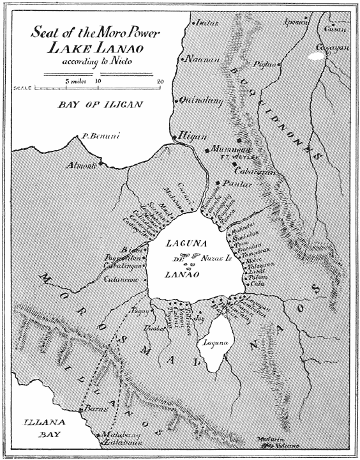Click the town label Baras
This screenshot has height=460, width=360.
(89, 408)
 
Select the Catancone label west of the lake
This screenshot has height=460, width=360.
(123, 279)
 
